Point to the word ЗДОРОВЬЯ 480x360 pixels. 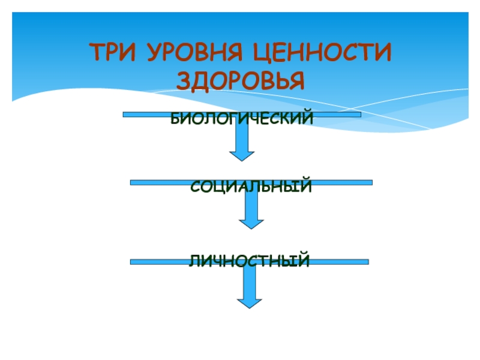240,80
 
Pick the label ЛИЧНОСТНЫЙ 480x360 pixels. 250,262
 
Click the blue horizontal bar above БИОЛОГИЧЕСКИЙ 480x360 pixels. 150,113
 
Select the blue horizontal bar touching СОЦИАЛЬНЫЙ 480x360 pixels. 156,182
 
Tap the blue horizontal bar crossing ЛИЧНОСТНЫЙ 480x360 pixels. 156,262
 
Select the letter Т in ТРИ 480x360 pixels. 96,53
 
